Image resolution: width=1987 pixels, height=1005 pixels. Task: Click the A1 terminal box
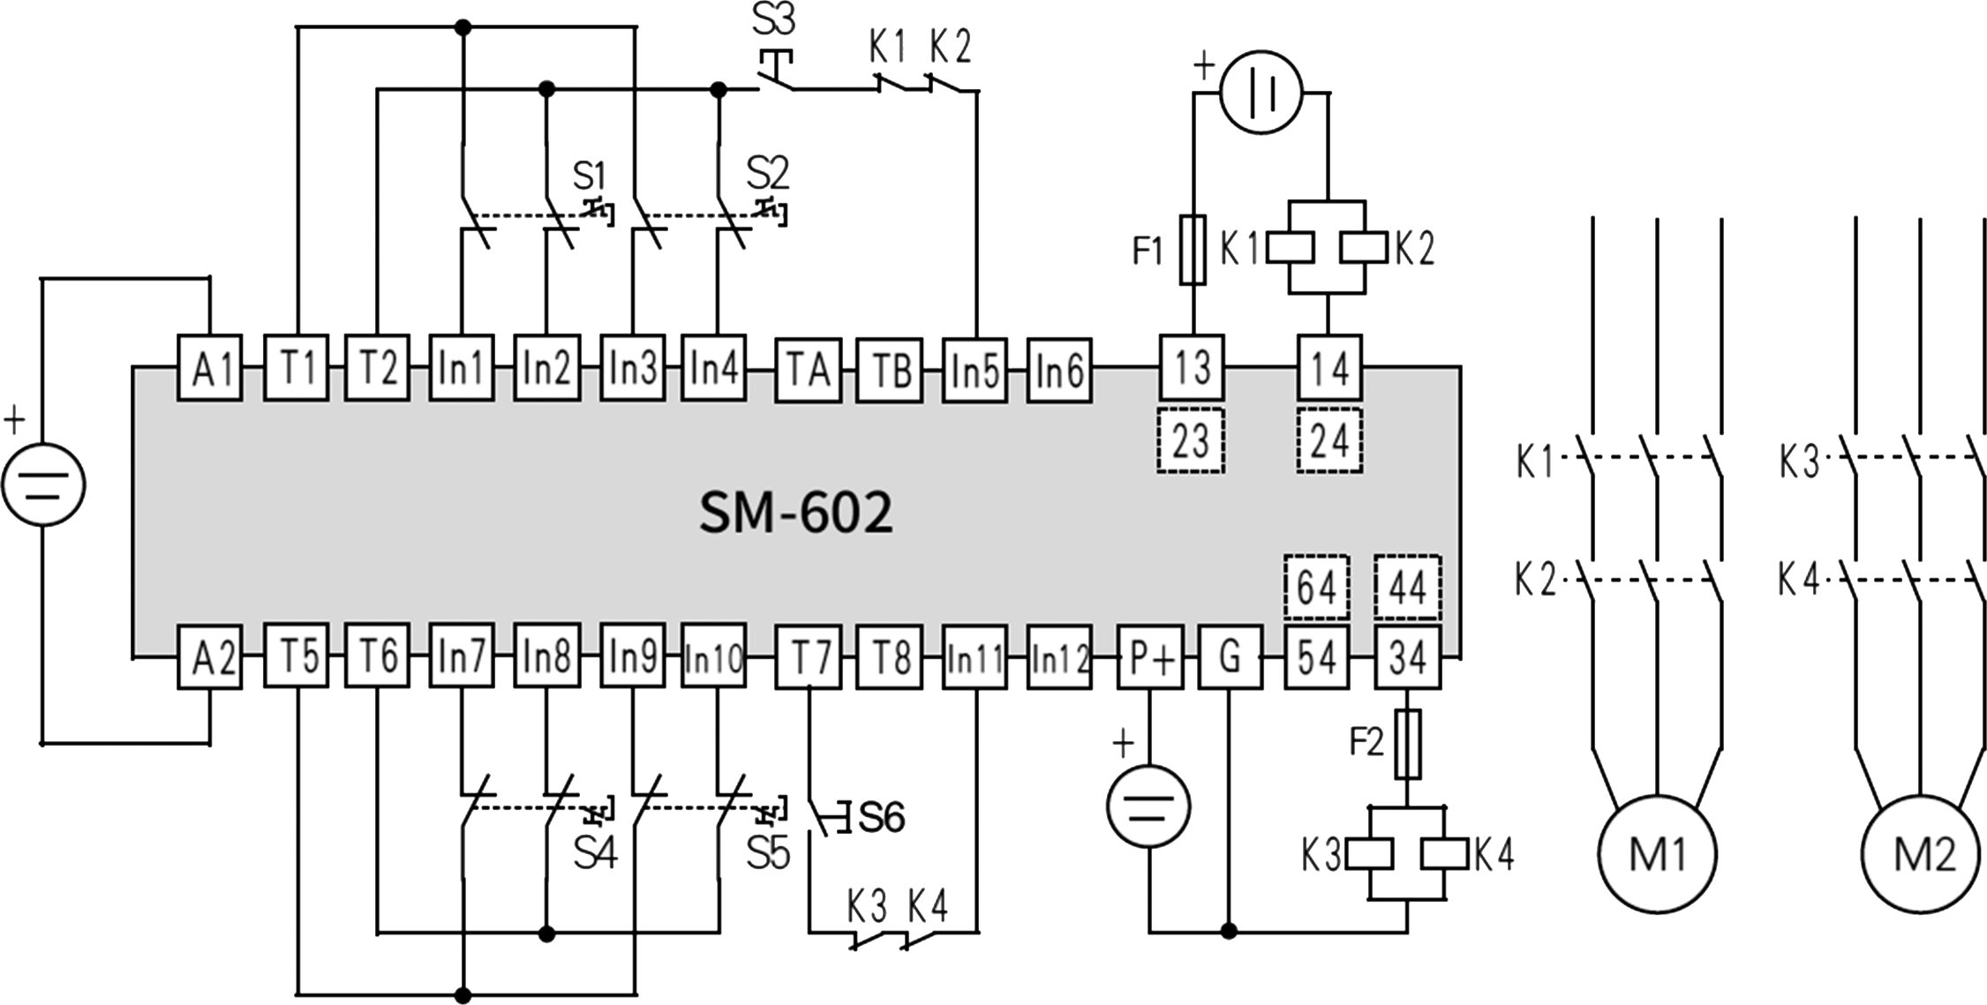pyautogui.click(x=210, y=368)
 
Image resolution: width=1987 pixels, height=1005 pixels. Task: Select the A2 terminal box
pyautogui.click(x=210, y=656)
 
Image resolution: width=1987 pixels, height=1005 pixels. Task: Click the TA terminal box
pyautogui.click(x=808, y=368)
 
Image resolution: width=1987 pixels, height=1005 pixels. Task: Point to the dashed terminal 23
pyautogui.click(x=1190, y=440)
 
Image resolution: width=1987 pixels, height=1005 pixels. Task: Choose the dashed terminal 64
pyautogui.click(x=1316, y=587)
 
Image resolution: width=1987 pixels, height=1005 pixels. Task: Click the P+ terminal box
pyautogui.click(x=1150, y=656)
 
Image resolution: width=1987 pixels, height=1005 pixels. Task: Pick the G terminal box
pyautogui.click(x=1230, y=656)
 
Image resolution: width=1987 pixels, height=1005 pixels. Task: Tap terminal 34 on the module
pyautogui.click(x=1407, y=656)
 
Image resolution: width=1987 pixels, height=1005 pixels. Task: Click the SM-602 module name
pyautogui.click(x=796, y=514)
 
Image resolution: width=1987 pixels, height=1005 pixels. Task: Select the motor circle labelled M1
pyautogui.click(x=1657, y=853)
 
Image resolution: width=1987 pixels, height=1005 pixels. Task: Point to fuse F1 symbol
pyautogui.click(x=1193, y=250)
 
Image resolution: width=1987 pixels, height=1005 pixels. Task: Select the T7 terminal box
pyautogui.click(x=808, y=656)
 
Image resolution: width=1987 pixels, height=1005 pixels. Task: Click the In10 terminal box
pyautogui.click(x=713, y=656)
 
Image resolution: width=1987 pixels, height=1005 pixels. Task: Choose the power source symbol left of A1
pyautogui.click(x=44, y=484)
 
